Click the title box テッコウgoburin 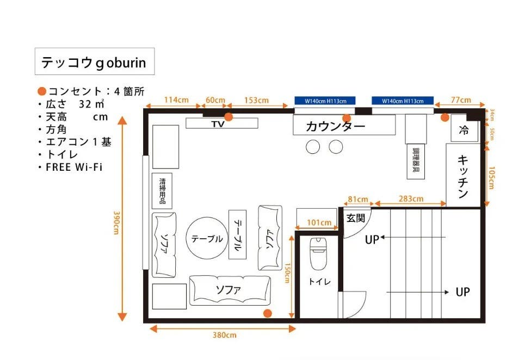(94, 62)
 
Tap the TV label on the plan (218, 124)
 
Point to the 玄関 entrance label (355, 218)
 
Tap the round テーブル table (207, 239)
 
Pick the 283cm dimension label (411, 198)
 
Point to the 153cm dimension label (256, 100)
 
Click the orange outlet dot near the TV (229, 116)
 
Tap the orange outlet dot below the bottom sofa (267, 313)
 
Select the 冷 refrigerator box (464, 130)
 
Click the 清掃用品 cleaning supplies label (162, 190)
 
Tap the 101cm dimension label (319, 222)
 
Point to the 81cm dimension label (357, 198)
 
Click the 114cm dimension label (176, 100)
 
